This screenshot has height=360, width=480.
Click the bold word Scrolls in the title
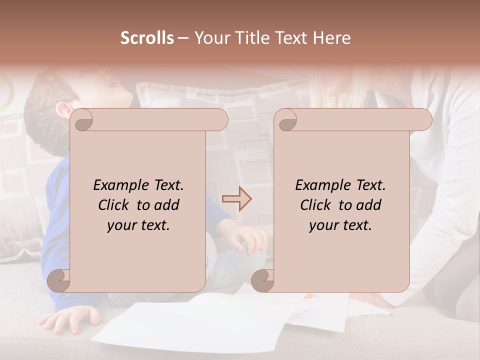[147, 38]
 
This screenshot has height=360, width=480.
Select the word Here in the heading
[331, 38]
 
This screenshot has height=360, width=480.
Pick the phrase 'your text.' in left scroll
[138, 225]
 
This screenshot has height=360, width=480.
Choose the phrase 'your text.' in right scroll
[340, 225]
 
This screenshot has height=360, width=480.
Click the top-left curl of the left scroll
[83, 120]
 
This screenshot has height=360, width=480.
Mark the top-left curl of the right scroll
[287, 120]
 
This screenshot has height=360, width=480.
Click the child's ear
[62, 110]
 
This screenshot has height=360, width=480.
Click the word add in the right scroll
[368, 205]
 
